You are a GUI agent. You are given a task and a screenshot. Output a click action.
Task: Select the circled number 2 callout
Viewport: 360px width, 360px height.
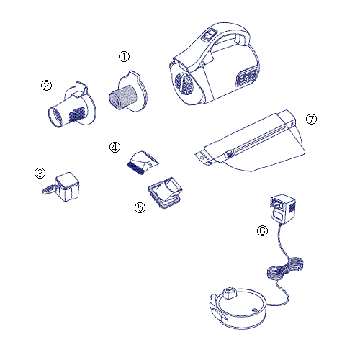tap(46, 85)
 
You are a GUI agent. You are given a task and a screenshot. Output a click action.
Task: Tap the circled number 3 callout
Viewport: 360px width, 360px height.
tap(40, 173)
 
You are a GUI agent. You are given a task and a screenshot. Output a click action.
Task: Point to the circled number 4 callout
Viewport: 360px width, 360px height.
tap(114, 147)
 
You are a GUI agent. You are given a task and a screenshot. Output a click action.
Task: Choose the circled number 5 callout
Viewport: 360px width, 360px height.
tap(140, 207)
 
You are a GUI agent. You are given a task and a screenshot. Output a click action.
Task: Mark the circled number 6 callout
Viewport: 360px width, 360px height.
tap(262, 230)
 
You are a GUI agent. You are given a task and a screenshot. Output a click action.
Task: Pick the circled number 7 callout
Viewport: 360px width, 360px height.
tap(311, 120)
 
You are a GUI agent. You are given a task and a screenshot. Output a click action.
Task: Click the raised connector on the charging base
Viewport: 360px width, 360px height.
tap(230, 293)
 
